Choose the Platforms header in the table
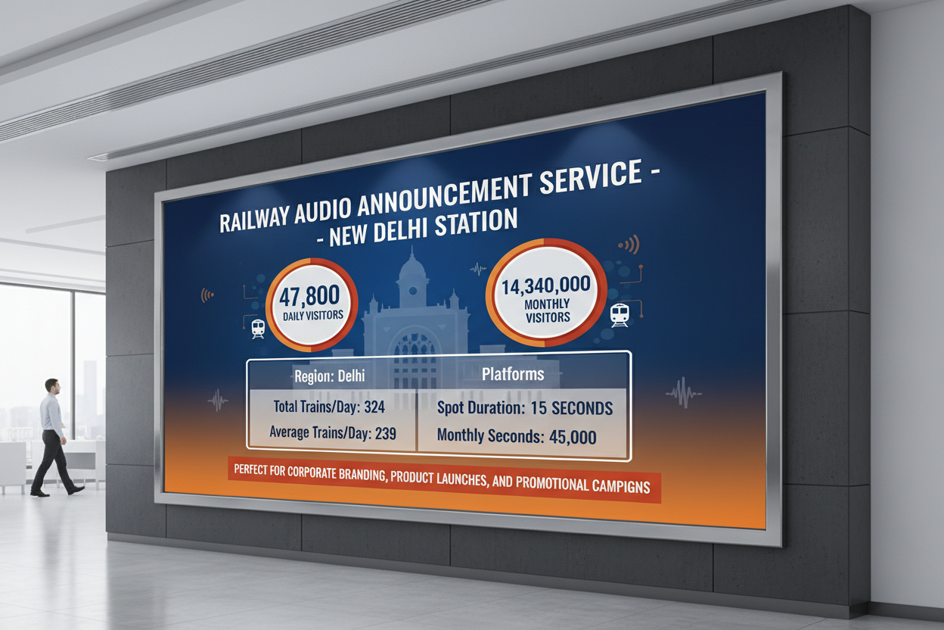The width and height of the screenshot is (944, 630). (513, 375)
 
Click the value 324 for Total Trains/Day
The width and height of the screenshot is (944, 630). (374, 407)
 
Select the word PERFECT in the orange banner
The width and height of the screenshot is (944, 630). (256, 469)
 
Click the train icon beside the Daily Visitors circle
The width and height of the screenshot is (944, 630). (258, 327)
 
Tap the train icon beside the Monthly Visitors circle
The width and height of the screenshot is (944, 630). (619, 313)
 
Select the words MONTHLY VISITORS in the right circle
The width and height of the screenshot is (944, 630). (548, 310)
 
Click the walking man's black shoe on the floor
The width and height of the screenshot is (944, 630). (75, 491)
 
